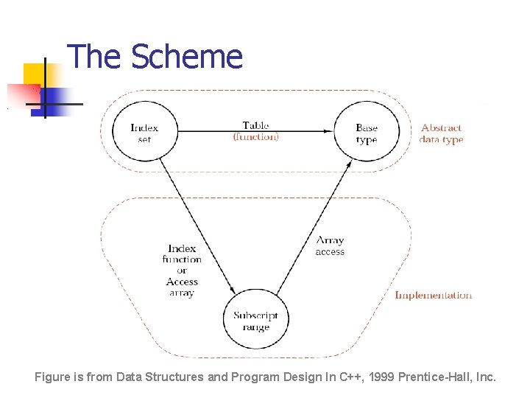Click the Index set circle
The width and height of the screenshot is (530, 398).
point(144,133)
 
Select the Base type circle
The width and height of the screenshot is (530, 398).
point(366,133)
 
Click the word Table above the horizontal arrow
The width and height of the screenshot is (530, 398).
point(255,126)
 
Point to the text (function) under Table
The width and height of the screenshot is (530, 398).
point(255,137)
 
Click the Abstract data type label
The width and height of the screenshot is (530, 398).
point(441,133)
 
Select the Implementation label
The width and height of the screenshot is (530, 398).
point(433,296)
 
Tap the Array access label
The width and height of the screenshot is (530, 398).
point(330,246)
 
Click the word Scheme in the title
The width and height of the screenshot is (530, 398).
point(187,57)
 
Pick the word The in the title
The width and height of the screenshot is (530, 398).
point(95,57)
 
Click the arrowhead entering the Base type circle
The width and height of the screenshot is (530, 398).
point(331,132)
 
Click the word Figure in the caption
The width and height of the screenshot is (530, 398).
point(52,377)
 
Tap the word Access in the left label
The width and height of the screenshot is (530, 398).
point(182,282)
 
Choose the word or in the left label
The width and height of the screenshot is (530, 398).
point(182,270)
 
